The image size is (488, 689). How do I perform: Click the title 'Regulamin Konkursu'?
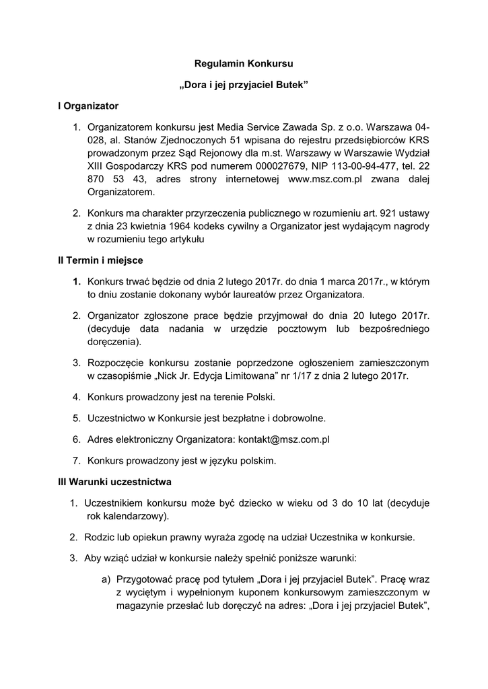click(244, 64)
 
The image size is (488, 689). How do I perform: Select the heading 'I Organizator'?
click(88, 106)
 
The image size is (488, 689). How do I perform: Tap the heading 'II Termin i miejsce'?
click(100, 260)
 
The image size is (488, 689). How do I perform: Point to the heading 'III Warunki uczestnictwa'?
click(115, 482)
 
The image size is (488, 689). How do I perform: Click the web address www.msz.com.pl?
click(325, 178)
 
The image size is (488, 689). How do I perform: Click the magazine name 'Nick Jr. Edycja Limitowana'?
click(207, 375)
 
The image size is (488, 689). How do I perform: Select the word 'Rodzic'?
click(99, 537)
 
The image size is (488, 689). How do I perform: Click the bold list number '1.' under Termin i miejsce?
click(77, 281)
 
